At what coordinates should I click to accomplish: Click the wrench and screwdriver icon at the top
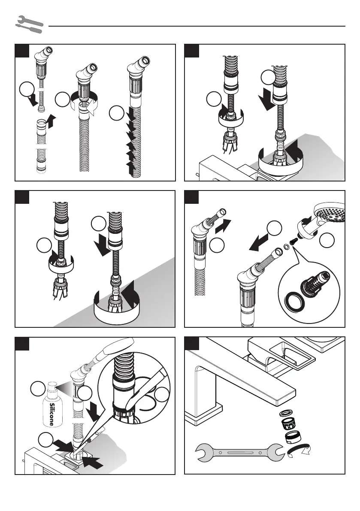[29, 24]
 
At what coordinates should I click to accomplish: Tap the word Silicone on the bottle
[51, 414]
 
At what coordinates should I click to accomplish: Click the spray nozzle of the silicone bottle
[53, 386]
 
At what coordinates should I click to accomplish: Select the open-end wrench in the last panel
[240, 453]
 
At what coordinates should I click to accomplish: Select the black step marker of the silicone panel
[22, 344]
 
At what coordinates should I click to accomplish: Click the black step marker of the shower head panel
[191, 197]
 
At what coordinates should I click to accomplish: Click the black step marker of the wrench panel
[191, 344]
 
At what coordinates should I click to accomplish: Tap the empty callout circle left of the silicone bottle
[38, 389]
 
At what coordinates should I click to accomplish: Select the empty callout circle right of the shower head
[327, 241]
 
